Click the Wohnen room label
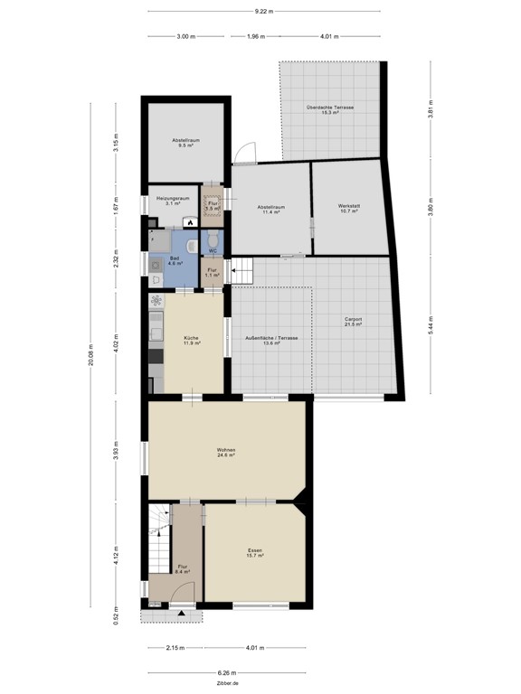point(226,452)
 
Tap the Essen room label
point(255,552)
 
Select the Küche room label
point(190,341)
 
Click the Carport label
point(353,321)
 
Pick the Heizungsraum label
point(172,200)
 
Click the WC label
point(213,250)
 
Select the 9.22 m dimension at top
point(264,12)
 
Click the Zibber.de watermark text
point(227,684)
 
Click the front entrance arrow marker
point(182,614)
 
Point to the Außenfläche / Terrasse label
point(272,341)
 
